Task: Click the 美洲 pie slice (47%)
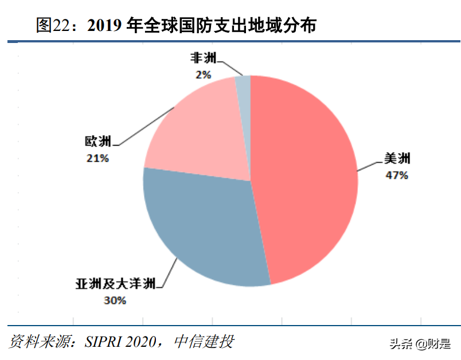coord(304,178)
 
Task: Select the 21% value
coord(98,157)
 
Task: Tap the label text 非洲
coord(204,59)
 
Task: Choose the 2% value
coord(204,74)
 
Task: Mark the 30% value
coord(115,299)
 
